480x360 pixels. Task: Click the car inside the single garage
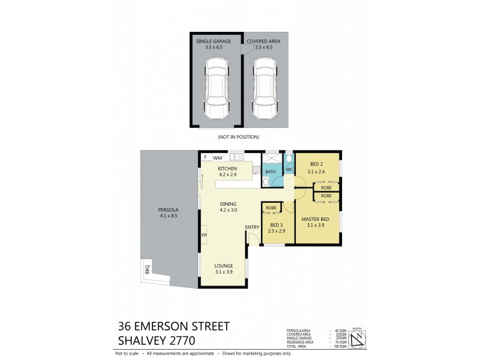[217, 89]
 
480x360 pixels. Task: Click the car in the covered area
[265, 89]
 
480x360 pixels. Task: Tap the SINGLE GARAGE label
[214, 41]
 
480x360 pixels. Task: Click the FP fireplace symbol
[204, 235]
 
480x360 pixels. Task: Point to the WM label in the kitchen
[217, 157]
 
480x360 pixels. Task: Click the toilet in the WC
[289, 158]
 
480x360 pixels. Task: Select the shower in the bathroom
[271, 158]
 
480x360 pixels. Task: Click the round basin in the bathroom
[266, 181]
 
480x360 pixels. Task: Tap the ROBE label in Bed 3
[271, 208]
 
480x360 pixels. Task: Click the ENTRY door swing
[253, 238]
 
